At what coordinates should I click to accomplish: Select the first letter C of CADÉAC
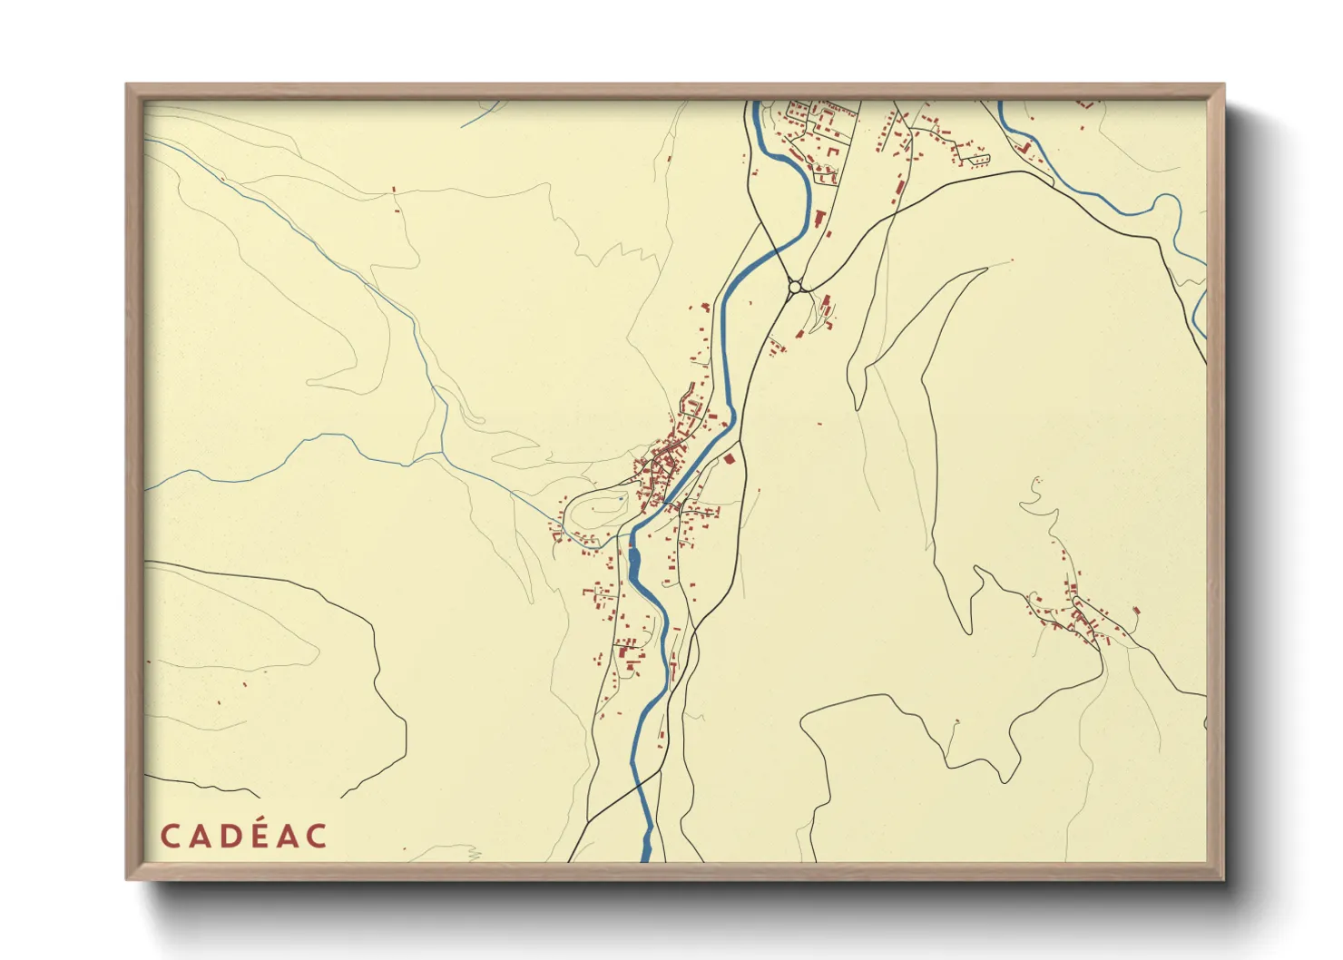[170, 836]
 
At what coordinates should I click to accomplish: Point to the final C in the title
[316, 836]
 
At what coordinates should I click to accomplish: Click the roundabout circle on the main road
[795, 287]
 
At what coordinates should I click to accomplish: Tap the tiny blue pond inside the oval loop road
[620, 498]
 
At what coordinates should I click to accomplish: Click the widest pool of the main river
[633, 567]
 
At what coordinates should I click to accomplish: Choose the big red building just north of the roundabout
[819, 218]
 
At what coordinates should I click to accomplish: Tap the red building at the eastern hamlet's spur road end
[1135, 613]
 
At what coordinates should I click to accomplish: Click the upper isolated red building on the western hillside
[394, 189]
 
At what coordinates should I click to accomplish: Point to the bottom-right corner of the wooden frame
[1222, 877]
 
